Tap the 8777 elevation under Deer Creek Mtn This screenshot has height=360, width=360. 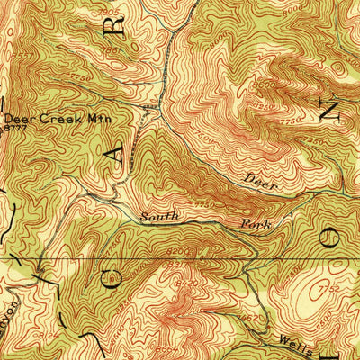coord(13,130)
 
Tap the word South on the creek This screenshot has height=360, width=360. coord(159,217)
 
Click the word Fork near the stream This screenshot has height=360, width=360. coord(255,222)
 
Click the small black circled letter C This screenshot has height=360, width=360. coord(113,286)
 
